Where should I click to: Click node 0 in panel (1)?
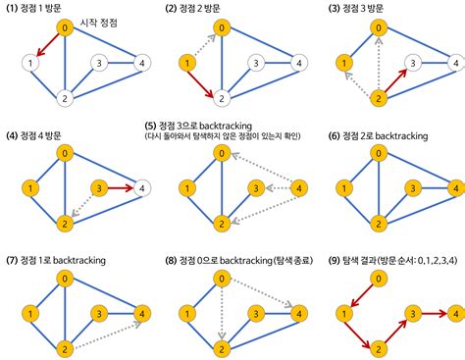pos(65,28)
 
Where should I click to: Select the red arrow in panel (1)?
pos(47,46)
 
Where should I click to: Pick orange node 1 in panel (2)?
pos(185,64)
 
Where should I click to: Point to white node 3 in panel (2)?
pos(256,64)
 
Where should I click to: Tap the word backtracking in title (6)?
pos(415,132)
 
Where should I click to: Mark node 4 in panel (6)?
pos(453,186)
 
